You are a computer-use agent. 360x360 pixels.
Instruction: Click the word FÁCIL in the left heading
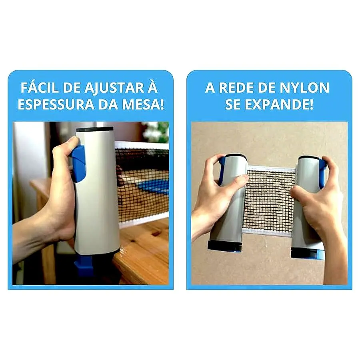pos(39,87)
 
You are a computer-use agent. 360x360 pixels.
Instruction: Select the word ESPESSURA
pos(56,104)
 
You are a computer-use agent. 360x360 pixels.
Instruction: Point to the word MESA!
pos(143,104)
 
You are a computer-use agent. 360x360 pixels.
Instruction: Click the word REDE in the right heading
pos(236,88)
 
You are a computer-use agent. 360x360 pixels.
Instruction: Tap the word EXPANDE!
pos(279,104)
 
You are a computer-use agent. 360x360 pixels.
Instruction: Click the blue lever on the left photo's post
pos(78,164)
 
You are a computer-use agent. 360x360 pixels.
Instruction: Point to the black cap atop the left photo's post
pos(94,129)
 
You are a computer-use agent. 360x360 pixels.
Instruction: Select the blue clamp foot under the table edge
pos(84,266)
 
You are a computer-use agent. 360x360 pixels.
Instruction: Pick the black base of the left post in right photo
pos(224,246)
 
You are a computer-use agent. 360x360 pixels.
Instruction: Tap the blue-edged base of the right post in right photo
pos(308,254)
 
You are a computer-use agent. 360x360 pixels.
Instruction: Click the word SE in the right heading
pos(232,104)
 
